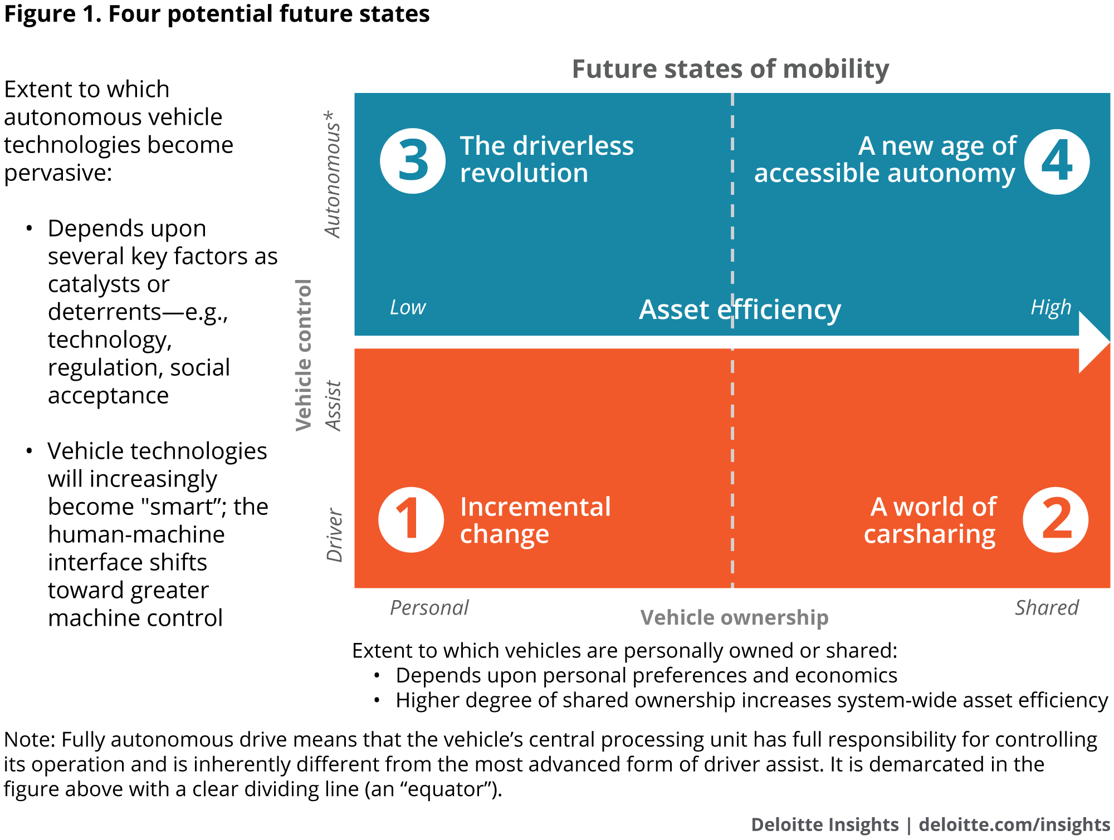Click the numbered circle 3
(x=413, y=161)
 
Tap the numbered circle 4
(x=1057, y=161)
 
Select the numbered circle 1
(x=411, y=519)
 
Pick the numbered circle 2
(x=1056, y=519)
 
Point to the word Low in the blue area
(x=408, y=307)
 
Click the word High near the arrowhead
(x=1051, y=307)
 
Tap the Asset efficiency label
(x=740, y=310)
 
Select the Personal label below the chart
(x=429, y=607)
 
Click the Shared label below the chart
(x=1047, y=607)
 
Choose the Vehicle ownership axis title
(x=734, y=617)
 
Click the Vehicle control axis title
(x=304, y=355)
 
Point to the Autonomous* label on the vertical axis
(x=333, y=174)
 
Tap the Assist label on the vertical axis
(x=333, y=406)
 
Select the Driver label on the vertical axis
(x=334, y=535)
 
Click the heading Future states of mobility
(x=730, y=69)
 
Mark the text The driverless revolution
(x=546, y=159)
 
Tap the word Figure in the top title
(x=40, y=14)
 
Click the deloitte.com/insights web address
(x=1014, y=824)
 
